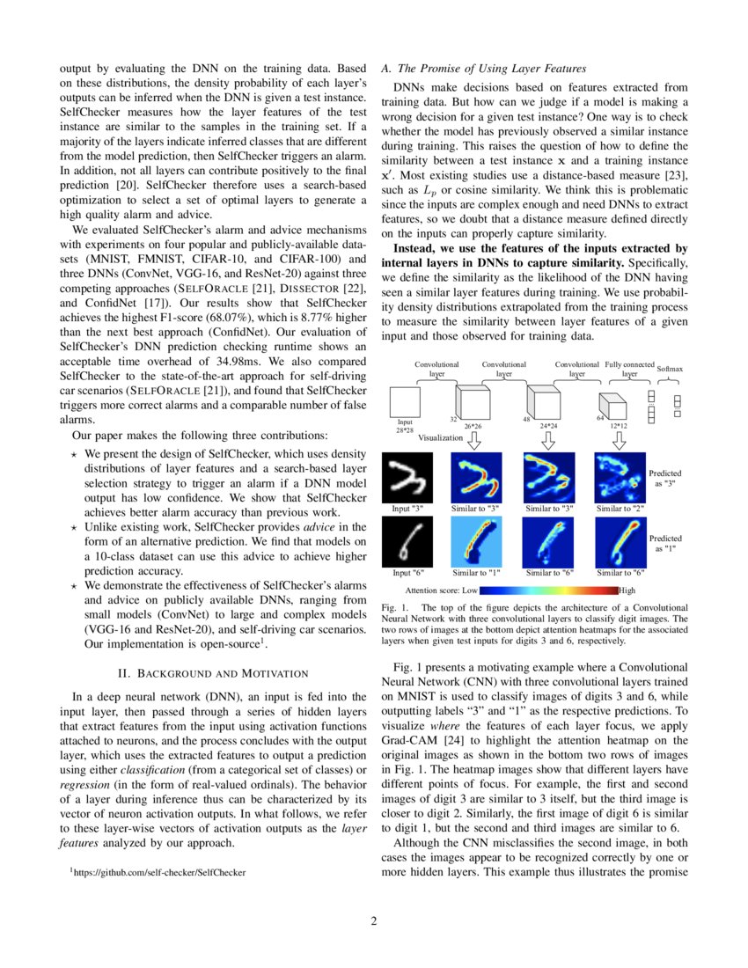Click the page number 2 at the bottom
pos(373,921)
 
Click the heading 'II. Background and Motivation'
pos(211,673)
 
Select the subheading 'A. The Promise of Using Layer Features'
pos(483,68)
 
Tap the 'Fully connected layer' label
pos(630,369)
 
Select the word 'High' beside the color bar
pos(627,590)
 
